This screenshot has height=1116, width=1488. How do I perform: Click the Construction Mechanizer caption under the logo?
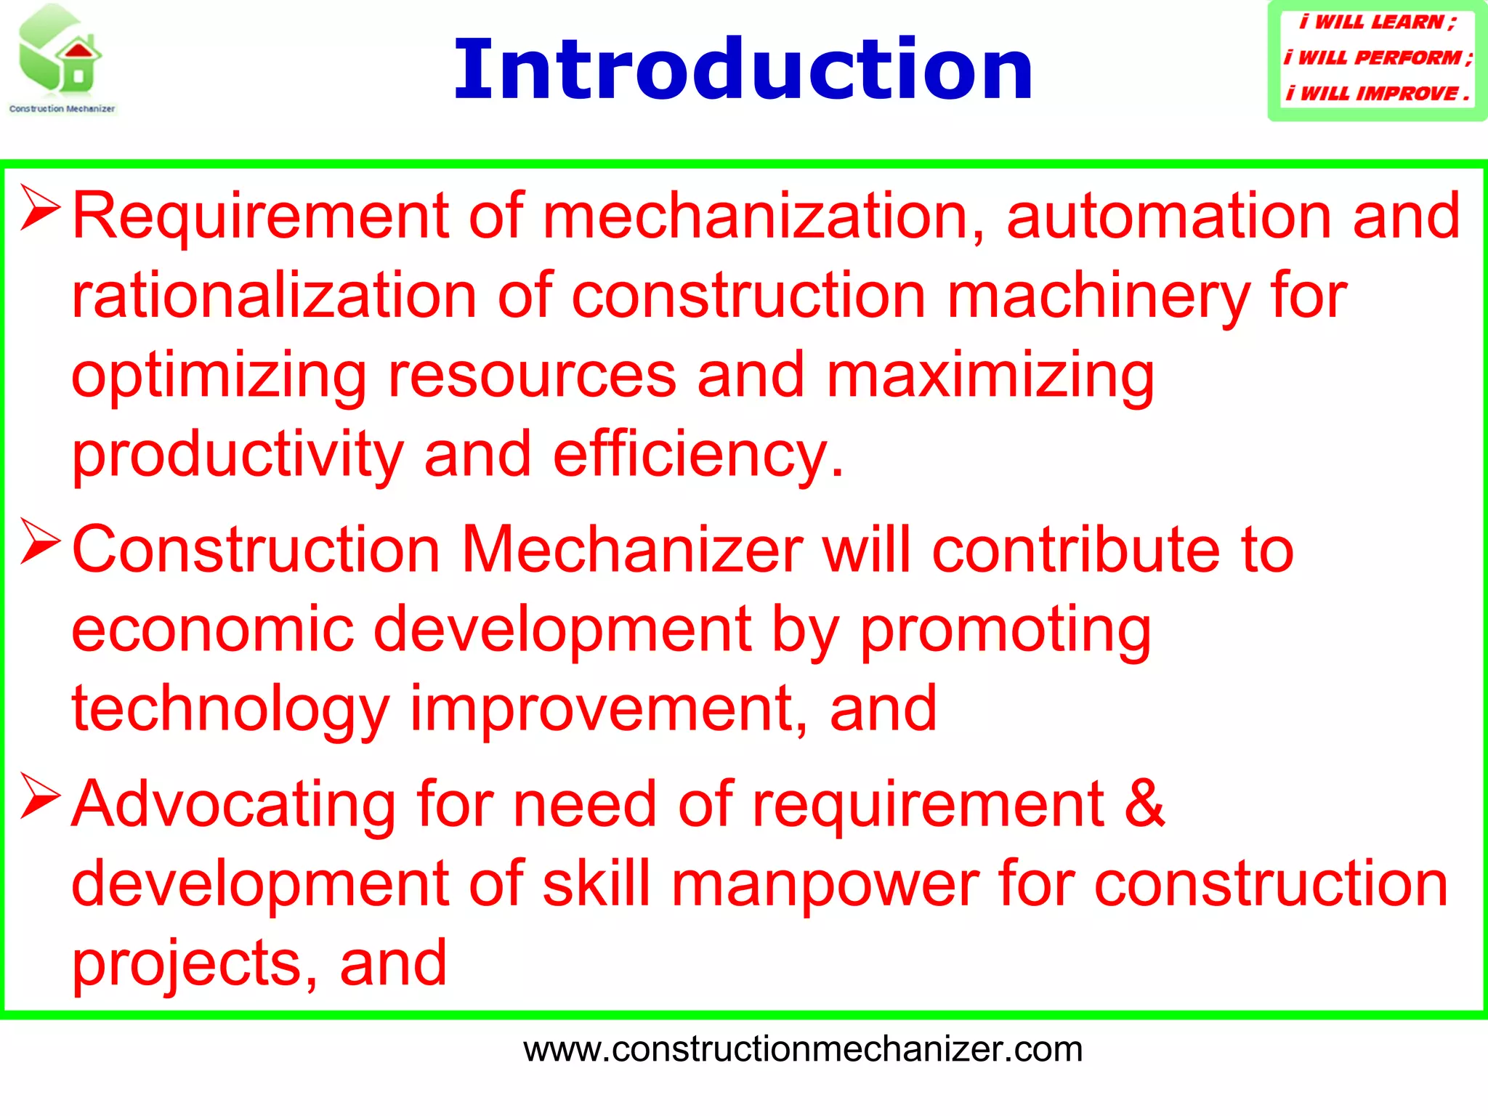coord(62,109)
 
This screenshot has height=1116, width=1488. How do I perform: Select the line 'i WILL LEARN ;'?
coord(1378,22)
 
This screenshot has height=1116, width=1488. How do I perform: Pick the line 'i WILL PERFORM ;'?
coord(1378,57)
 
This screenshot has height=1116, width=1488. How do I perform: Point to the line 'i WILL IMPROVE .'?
coord(1378,93)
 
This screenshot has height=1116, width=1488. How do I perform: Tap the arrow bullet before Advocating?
coord(40,796)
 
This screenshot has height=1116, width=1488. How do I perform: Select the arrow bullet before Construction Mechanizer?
coord(40,541)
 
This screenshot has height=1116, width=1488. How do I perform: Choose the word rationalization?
coord(274,296)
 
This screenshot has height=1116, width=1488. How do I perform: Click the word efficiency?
coord(697,456)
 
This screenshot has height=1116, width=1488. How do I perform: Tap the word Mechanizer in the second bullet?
coord(632,550)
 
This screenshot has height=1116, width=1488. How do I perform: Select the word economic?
coord(212,629)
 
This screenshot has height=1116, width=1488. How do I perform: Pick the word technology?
coord(230,711)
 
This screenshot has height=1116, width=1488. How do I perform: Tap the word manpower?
coord(825,884)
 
